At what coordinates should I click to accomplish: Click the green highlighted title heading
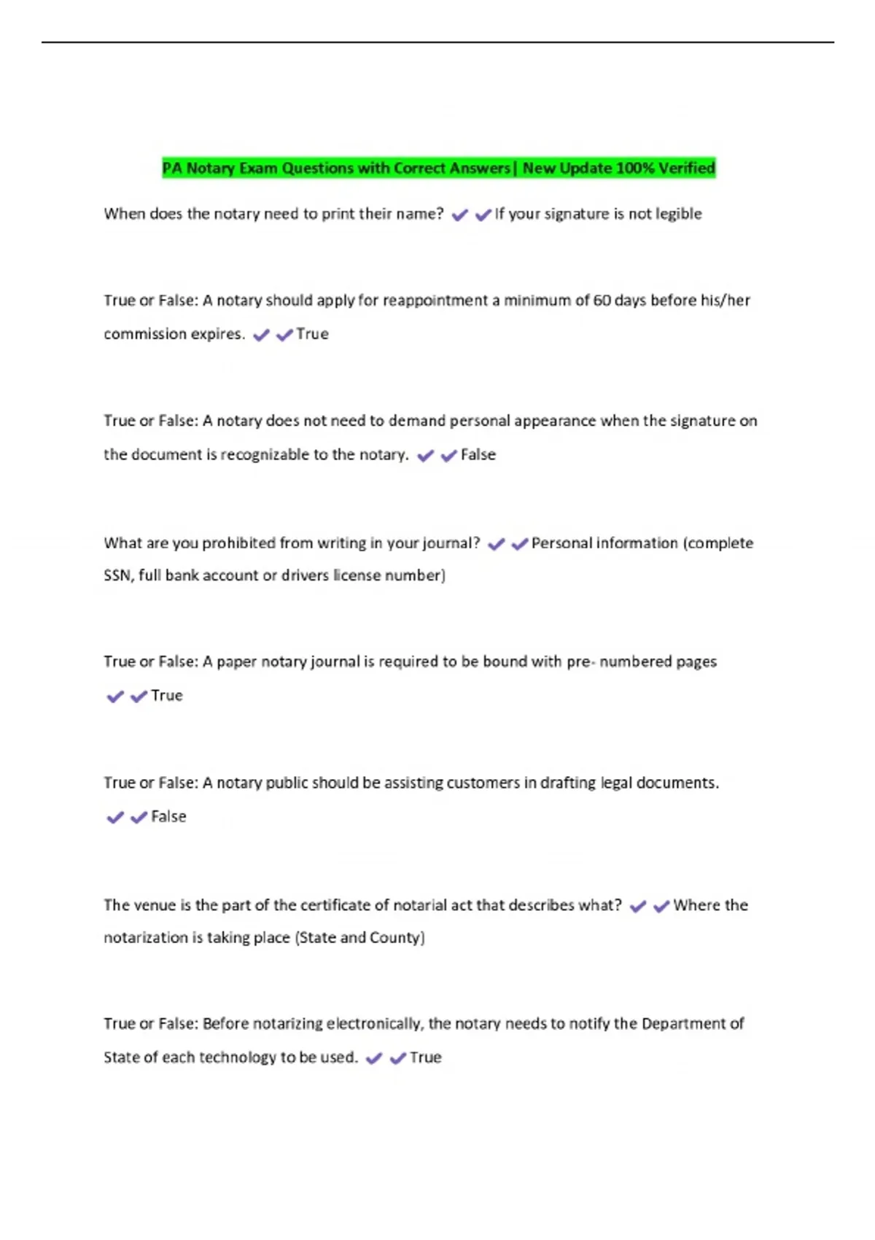click(x=438, y=168)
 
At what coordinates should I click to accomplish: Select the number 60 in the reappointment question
click(x=602, y=301)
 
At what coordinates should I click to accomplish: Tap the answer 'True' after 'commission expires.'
click(x=312, y=334)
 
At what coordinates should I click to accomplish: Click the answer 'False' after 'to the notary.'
click(x=478, y=454)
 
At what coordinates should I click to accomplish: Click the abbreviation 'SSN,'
click(x=118, y=576)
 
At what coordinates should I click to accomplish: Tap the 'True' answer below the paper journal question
click(x=166, y=696)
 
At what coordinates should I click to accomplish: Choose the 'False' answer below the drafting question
click(x=168, y=817)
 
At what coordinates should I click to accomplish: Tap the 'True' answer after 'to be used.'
click(x=425, y=1058)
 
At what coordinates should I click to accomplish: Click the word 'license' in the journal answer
click(x=357, y=576)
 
